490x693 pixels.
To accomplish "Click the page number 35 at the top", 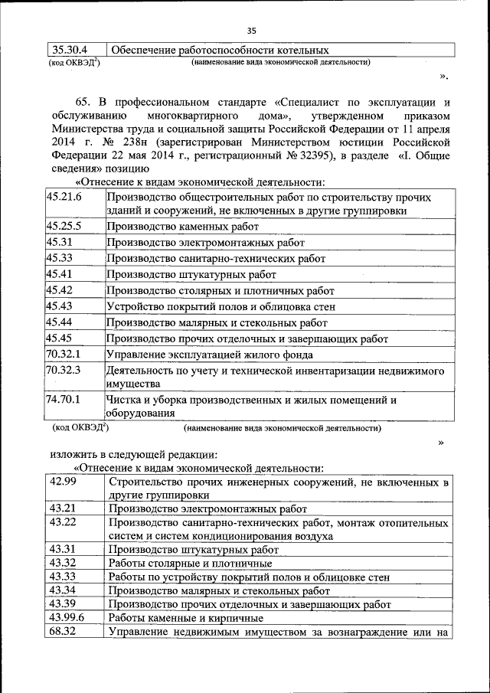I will click(x=250, y=30).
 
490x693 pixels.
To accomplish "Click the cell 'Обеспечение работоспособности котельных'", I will click(x=215, y=50).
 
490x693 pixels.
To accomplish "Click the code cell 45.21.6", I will click(x=64, y=198).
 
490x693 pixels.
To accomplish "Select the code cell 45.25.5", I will click(x=64, y=227).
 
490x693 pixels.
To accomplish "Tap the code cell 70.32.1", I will click(x=64, y=355).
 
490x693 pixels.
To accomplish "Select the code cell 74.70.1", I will click(x=64, y=400).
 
